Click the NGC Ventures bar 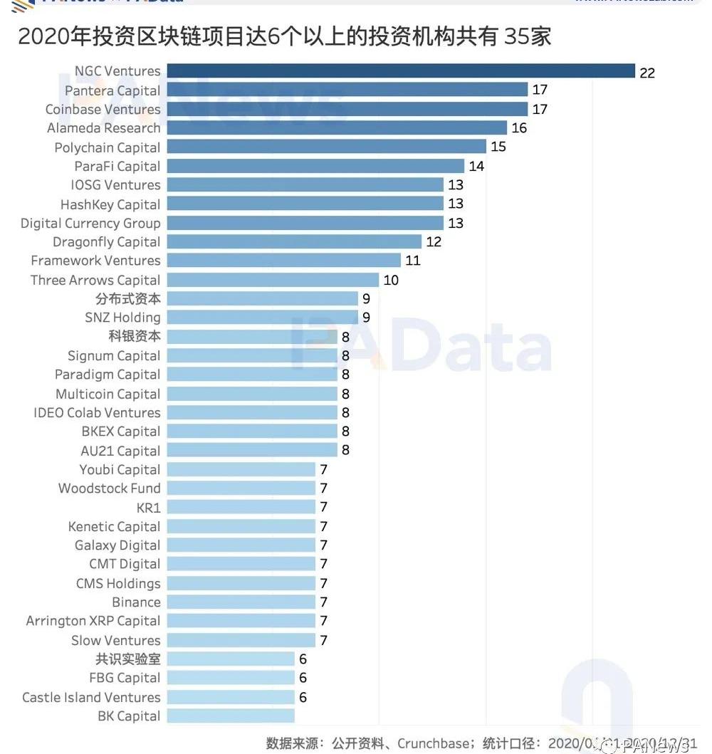click(x=400, y=71)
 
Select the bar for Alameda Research click(x=337, y=128)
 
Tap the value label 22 click(x=646, y=72)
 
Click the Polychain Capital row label click(x=108, y=147)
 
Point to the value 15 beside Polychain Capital click(x=498, y=147)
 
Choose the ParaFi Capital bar click(x=315, y=166)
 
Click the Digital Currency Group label click(x=90, y=223)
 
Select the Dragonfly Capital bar click(x=294, y=242)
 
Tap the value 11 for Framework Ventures click(x=413, y=261)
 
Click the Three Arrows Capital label click(x=95, y=280)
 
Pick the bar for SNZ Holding click(x=262, y=318)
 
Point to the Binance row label click(x=136, y=602)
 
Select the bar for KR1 click(x=241, y=508)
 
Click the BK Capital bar click(x=231, y=716)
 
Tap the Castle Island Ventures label click(x=91, y=697)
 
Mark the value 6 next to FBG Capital click(x=303, y=678)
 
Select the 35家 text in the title click(x=528, y=36)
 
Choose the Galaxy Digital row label click(x=117, y=545)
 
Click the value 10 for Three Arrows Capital click(x=391, y=280)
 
